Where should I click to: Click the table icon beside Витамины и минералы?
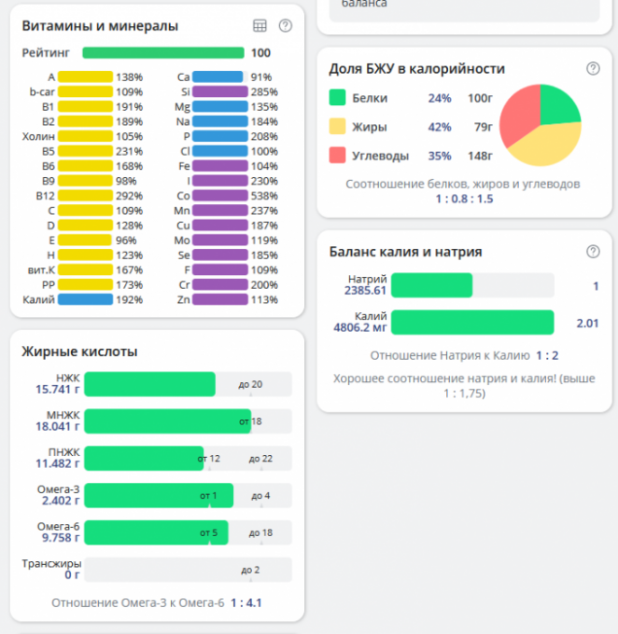pos(260,26)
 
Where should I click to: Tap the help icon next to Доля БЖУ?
pos(593,68)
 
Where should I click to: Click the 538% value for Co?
pos(265,196)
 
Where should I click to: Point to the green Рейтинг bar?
pos(163,53)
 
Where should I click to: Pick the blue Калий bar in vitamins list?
pos(86,300)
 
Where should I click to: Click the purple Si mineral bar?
pos(221,91)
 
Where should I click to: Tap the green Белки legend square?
pos(337,98)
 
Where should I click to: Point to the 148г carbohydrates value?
pos(480,156)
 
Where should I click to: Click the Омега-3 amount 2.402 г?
pos(58,501)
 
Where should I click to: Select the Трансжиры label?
pos(51,563)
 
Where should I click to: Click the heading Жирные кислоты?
pos(79,351)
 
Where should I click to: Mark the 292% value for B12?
pos(129,196)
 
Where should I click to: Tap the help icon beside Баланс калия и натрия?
pos(593,252)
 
